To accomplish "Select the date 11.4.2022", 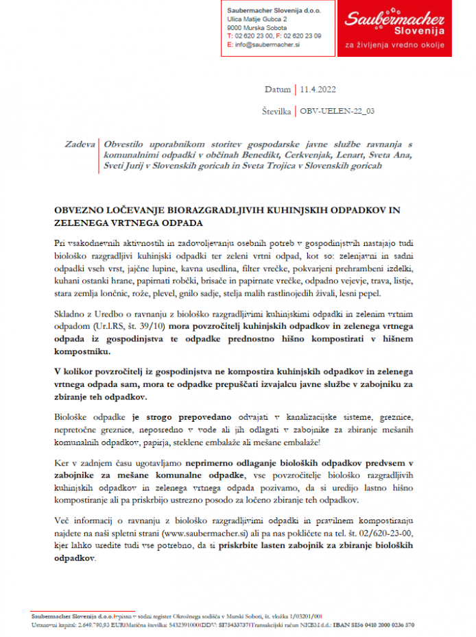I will click(317, 90).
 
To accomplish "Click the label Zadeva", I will click(80, 145).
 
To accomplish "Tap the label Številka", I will click(276, 110).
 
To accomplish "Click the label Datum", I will click(278, 90).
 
